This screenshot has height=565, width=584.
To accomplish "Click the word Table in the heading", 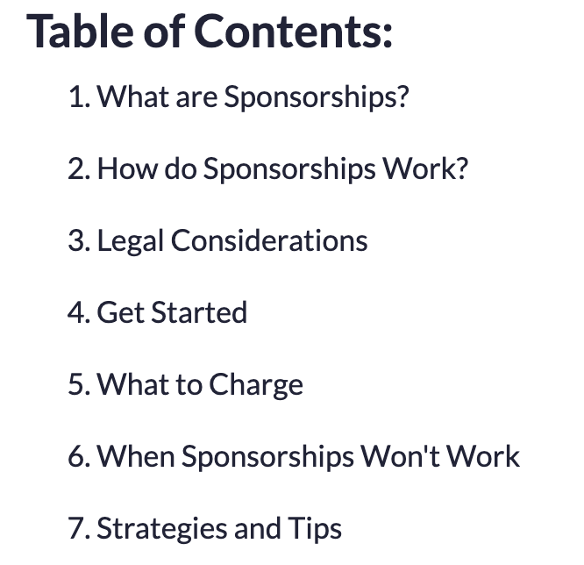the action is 80,31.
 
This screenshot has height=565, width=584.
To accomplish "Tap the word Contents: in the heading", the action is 293,31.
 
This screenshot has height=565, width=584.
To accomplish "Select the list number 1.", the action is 79,97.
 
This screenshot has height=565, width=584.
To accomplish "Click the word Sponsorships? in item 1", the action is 317,97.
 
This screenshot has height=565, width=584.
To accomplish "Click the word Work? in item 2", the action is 425,168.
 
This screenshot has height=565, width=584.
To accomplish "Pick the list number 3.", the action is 79,240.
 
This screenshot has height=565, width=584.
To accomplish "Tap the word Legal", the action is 131,241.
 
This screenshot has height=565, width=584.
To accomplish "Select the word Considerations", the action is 269,240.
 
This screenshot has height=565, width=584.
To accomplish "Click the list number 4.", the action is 79,312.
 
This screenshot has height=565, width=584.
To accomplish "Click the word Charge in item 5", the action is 256,385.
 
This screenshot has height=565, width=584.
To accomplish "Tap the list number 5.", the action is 79,384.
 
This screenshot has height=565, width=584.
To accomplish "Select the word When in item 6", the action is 136,456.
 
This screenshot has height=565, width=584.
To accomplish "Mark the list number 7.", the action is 79,528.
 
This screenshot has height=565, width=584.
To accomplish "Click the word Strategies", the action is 161,529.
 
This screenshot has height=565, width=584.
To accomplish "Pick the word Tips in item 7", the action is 315,529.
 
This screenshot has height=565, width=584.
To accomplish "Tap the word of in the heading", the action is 164,31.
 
